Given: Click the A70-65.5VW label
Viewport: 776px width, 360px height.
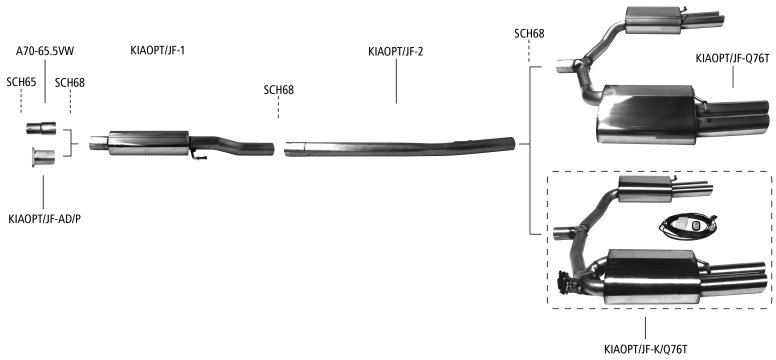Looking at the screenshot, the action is pyautogui.click(x=45, y=51).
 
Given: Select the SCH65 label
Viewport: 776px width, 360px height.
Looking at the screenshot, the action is pyautogui.click(x=21, y=82).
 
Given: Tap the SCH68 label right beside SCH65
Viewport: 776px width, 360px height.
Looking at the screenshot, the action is pyautogui.click(x=70, y=83).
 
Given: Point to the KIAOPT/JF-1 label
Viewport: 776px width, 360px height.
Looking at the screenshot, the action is pyautogui.click(x=158, y=50).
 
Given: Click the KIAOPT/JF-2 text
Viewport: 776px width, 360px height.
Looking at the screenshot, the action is pyautogui.click(x=396, y=51).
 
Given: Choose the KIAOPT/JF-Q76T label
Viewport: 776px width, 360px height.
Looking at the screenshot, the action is pyautogui.click(x=733, y=58).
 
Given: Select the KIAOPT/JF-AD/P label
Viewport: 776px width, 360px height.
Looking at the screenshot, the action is pyautogui.click(x=45, y=219).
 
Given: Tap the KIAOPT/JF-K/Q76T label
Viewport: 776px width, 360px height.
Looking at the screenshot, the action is pyautogui.click(x=646, y=350).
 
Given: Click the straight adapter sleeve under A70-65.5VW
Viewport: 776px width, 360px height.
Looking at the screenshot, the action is pyautogui.click(x=41, y=128).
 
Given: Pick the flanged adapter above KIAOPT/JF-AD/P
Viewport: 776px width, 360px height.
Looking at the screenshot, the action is pyautogui.click(x=43, y=156).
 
